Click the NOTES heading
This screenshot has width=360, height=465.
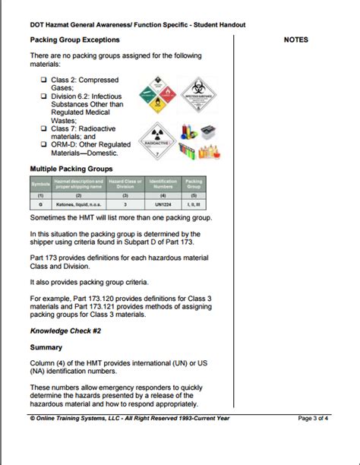point(295,40)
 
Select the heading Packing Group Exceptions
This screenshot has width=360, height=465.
point(74,40)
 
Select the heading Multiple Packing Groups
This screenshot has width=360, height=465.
point(71,169)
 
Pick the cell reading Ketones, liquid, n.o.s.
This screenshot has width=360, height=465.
point(78,204)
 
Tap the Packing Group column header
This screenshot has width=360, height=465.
point(194,184)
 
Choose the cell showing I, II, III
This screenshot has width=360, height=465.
point(194,204)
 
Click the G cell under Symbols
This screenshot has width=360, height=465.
point(39,204)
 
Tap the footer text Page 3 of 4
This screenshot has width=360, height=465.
point(312,418)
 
